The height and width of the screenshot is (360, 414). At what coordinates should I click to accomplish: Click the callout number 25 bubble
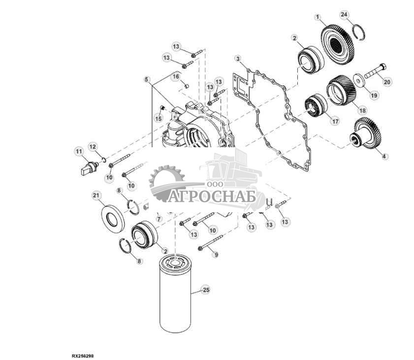pos(206,290)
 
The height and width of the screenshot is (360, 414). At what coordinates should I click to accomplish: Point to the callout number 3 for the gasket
pos(238,59)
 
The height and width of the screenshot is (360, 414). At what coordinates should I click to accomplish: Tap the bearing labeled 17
pos(314,106)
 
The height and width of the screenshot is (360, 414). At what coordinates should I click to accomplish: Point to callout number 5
pos(147,79)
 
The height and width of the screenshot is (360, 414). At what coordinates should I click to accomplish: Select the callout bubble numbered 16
pos(175,77)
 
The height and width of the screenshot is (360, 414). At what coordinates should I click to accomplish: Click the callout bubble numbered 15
pos(159,118)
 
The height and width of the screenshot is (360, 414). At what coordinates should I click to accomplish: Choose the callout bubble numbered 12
pos(93,146)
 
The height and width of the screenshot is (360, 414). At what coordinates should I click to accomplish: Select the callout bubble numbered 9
pos(215,255)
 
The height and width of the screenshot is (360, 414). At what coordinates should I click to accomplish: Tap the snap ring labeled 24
pos(356,33)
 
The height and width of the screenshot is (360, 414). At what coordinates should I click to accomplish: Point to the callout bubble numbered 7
pos(159,219)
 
